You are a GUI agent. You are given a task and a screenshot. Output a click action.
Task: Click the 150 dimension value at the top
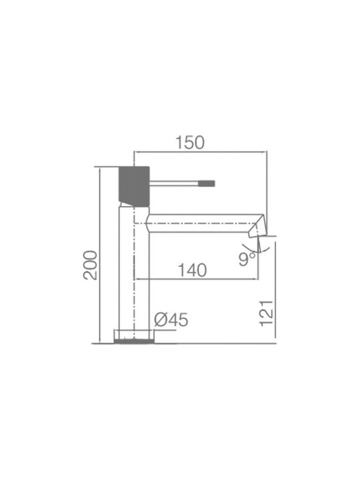[x=190, y=143]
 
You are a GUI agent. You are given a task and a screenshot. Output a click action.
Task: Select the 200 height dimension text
[x=90, y=265]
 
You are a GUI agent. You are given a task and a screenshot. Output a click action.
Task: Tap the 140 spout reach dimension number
[x=192, y=270]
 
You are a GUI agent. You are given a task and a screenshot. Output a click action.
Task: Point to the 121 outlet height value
[x=267, y=313]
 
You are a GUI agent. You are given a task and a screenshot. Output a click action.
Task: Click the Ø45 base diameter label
[x=171, y=320]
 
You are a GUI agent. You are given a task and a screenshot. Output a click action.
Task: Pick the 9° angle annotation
[x=247, y=259]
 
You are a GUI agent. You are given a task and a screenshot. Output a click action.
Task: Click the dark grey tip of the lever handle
[x=206, y=184]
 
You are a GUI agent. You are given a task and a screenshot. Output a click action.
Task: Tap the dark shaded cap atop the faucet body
[x=134, y=186]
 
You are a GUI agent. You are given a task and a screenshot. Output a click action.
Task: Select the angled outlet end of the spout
[x=257, y=225]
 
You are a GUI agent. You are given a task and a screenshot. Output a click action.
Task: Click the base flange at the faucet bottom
[x=134, y=337]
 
